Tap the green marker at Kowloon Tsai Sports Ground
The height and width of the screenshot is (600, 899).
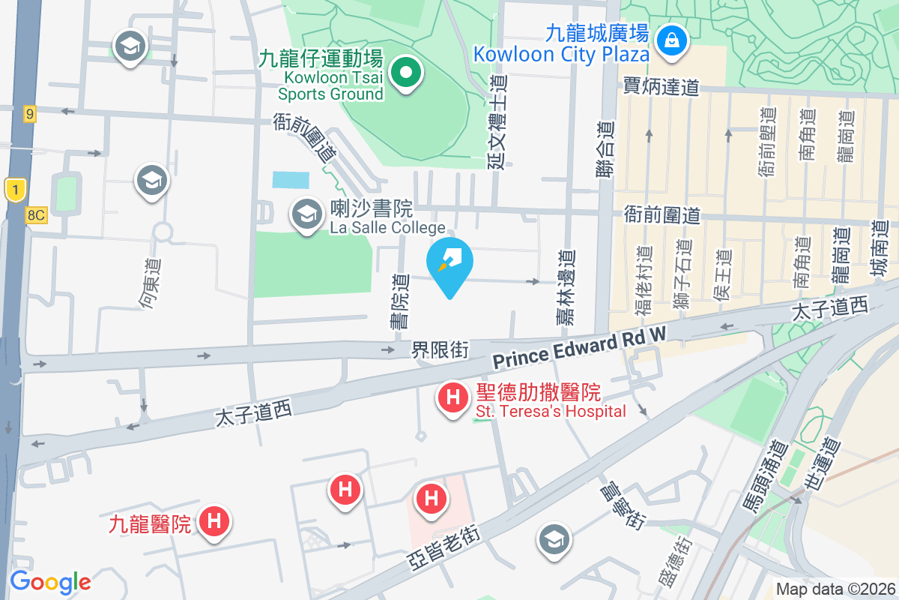pos(407,73)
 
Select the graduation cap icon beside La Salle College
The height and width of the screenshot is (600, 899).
pos(306,215)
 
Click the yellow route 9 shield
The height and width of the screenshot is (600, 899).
pos(29,113)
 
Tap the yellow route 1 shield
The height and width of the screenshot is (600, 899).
pos(14,189)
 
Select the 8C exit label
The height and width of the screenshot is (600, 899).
pos(35,215)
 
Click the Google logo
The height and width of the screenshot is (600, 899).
pos(50,581)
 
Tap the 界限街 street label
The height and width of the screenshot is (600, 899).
pos(440,349)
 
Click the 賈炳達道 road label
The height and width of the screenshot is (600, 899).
pos(661,87)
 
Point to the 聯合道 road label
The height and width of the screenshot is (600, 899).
pos(605,151)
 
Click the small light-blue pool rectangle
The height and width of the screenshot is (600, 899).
pos(290,179)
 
